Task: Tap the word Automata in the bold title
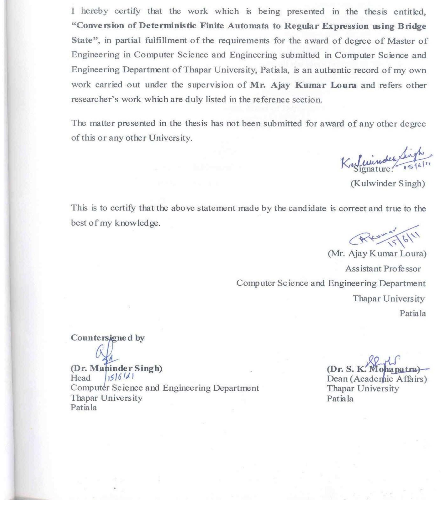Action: click(248, 26)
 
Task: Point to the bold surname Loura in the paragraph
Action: click(343, 85)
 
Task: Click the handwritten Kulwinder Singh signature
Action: click(386, 159)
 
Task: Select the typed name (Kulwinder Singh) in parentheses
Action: click(388, 183)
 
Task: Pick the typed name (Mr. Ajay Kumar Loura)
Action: click(377, 254)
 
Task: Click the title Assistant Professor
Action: click(383, 269)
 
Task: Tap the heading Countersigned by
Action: click(107, 338)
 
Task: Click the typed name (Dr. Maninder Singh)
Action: click(116, 368)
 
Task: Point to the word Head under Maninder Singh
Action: click(80, 378)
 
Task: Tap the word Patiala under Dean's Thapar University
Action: click(340, 398)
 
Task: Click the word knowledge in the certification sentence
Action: click(137, 223)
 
